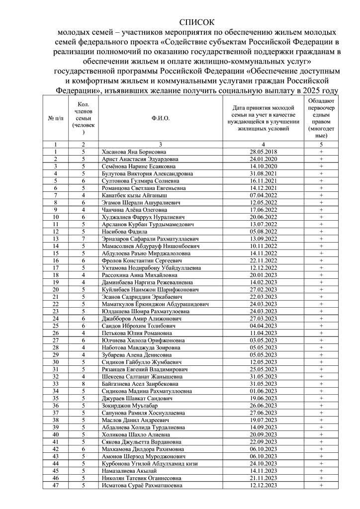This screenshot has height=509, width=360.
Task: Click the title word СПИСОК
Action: [x=196, y=22]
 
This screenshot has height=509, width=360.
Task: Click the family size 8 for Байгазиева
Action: [x=84, y=384]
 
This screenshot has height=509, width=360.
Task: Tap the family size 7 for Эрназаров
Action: [x=84, y=239]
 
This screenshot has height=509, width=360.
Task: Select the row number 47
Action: [x=56, y=486]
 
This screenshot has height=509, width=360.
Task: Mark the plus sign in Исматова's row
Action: [x=321, y=486]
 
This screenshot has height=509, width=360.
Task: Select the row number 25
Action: [x=56, y=326]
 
